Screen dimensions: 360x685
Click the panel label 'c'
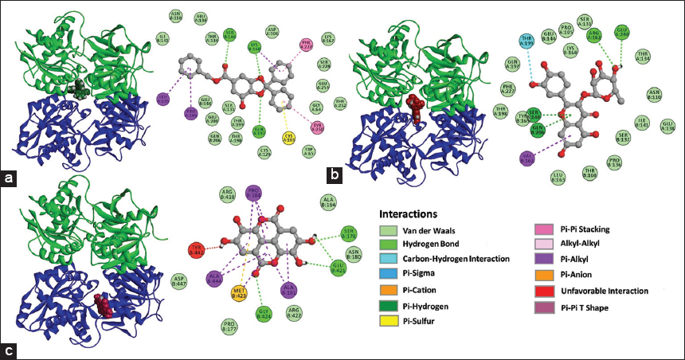pos(10,348)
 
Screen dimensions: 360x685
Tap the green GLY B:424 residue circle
pos(264,313)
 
